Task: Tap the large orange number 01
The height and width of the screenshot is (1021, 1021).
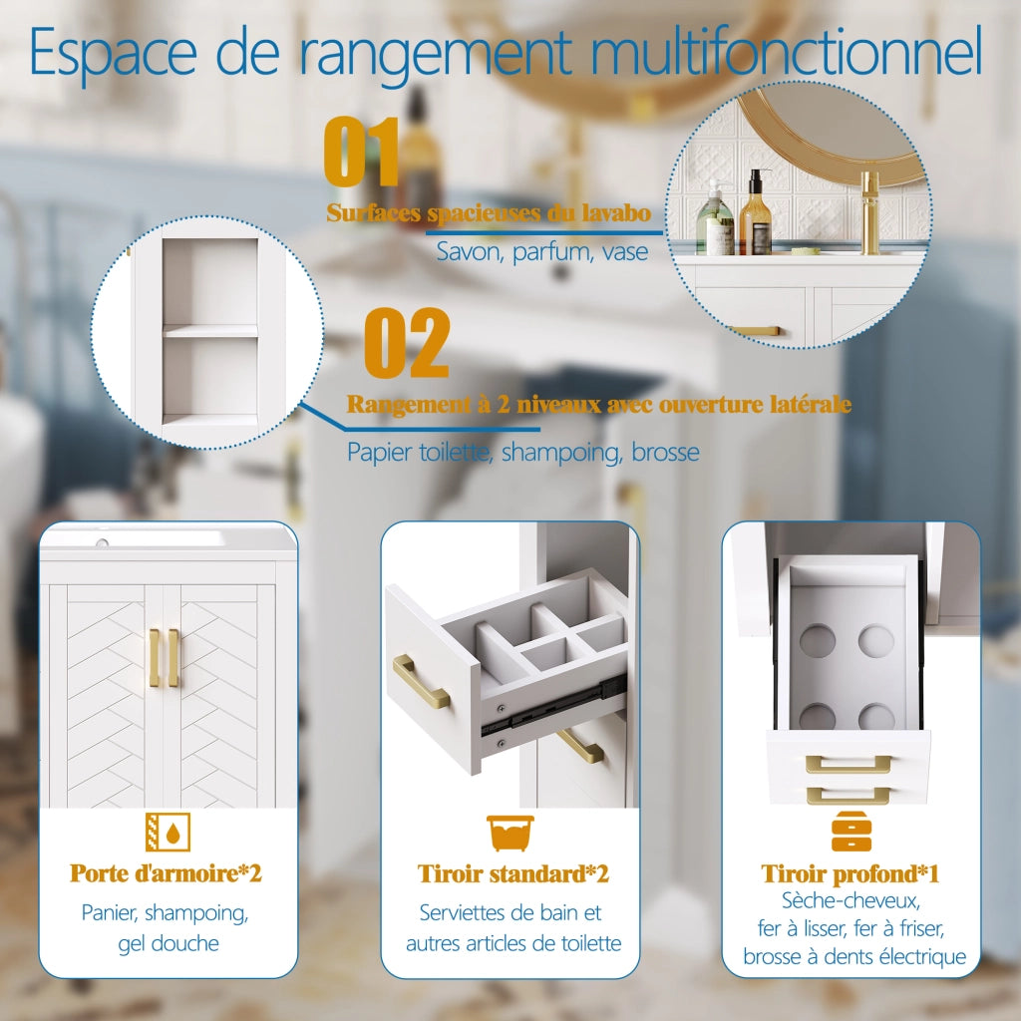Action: (361, 152)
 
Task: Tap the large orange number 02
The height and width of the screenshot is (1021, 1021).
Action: (407, 343)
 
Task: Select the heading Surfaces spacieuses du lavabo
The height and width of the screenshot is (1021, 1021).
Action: (489, 213)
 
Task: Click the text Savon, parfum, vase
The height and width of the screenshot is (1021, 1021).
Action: (541, 252)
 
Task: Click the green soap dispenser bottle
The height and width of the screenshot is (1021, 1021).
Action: (715, 218)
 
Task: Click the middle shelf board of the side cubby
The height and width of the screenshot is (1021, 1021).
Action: (209, 331)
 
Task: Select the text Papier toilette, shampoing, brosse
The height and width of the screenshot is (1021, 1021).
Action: (522, 452)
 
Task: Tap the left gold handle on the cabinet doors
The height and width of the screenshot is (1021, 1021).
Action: (154, 658)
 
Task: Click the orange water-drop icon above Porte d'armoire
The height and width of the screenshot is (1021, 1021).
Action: (168, 832)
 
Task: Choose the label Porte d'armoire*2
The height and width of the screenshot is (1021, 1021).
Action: (167, 873)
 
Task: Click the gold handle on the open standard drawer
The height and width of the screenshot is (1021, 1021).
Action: (421, 682)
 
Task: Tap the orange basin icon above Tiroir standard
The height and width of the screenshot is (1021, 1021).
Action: (510, 833)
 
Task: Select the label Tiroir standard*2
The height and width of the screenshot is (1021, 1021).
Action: (513, 873)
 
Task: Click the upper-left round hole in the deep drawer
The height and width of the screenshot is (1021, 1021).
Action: (818, 639)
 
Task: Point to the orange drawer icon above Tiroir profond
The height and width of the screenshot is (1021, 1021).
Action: (851, 832)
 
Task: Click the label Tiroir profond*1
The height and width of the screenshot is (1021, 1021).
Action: (851, 873)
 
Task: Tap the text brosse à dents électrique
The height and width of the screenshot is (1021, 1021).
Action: (854, 956)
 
